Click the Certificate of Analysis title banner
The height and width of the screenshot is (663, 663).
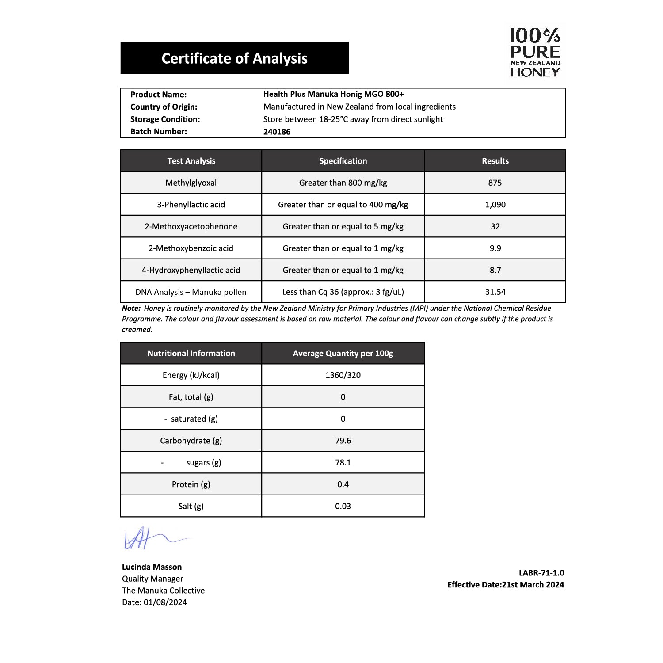coord(234,58)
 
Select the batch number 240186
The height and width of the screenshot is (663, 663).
coord(277,132)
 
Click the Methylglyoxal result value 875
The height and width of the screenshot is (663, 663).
coord(495,183)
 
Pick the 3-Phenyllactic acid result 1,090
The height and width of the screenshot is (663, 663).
coord(495,205)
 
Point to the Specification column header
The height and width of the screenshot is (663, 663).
coord(343,161)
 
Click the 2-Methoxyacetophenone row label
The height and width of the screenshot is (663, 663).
coord(191,226)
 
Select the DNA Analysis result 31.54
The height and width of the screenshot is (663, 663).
coord(495,292)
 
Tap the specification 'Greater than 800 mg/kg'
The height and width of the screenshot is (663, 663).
coord(343,183)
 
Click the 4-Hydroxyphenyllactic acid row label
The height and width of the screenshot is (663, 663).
coord(191,270)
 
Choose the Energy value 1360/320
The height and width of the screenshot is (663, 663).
coord(343,375)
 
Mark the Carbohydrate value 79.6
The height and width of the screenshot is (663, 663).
coord(343,441)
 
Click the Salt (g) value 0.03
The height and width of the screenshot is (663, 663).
coord(343,506)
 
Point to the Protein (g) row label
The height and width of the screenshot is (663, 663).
coord(191,484)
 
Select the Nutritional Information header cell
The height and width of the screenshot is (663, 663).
coord(191,353)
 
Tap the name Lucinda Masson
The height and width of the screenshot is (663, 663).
coord(152,567)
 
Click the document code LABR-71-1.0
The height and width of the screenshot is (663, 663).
coord(541,573)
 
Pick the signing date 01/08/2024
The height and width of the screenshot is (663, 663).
coord(165,602)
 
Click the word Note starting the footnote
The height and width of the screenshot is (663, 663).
coord(131,309)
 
